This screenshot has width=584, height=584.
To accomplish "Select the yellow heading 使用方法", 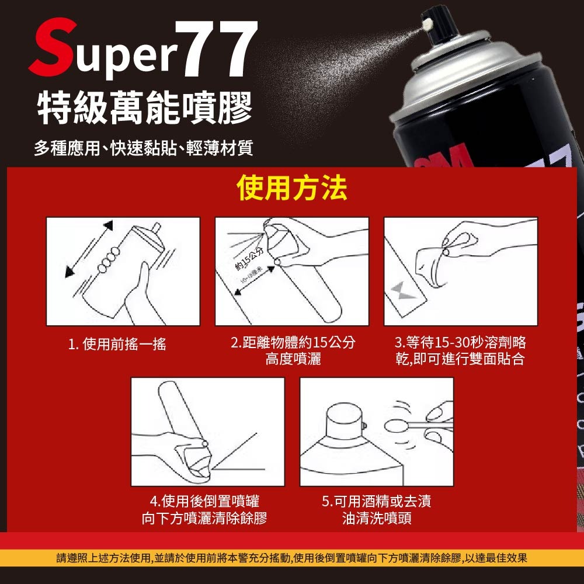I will click(x=292, y=188).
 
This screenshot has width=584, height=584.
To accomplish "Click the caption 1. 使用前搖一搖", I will click(x=117, y=345).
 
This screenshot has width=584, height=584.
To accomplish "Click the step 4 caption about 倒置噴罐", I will click(x=208, y=509).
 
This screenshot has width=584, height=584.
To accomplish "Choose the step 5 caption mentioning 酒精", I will click(x=377, y=509).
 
